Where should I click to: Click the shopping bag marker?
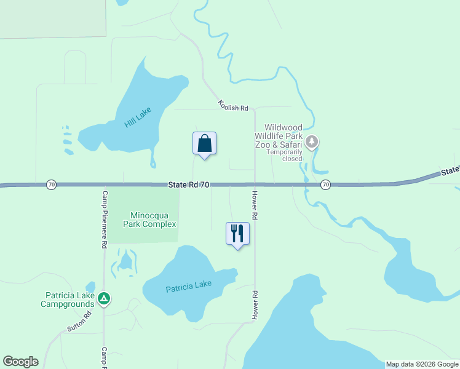coord(205,144)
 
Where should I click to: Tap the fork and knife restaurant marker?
coord(238,234)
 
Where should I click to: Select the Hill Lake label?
coord(137,117)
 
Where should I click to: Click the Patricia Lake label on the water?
coord(189,286)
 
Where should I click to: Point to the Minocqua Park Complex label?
coord(153,220)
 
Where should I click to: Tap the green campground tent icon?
coord(105,299)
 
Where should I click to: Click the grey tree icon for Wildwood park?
coord(312,143)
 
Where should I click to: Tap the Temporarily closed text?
coord(284,155)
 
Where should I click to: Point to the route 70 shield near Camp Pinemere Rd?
coord(52,184)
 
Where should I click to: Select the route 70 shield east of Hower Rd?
coord(326,184)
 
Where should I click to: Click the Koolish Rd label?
coord(232,106)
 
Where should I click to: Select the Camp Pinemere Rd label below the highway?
coord(105,218)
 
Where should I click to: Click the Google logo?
coord(21,362)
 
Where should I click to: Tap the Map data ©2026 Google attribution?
coord(422,364)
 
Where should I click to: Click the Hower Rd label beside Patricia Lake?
coord(254,305)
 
